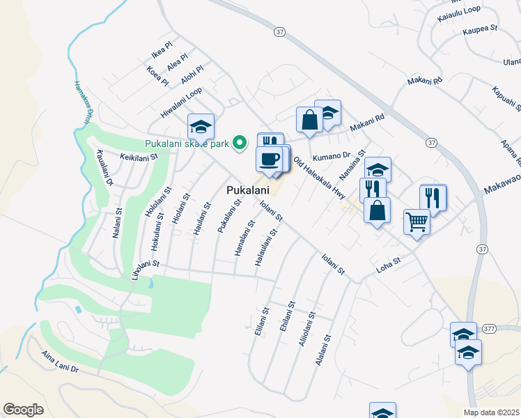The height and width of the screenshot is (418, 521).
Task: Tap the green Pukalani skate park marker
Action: [240, 143]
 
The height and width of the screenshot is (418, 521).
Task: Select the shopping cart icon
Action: [417, 222]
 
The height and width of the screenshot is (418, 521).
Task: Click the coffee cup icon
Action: [270, 160]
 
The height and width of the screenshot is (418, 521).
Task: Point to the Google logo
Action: [23, 409]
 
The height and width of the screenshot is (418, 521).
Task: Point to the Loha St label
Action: [389, 263]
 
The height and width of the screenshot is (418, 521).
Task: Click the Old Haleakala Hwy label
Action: [320, 178]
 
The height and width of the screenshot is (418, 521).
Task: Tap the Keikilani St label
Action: [139, 157]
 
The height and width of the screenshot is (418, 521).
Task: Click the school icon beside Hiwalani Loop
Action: [201, 126]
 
